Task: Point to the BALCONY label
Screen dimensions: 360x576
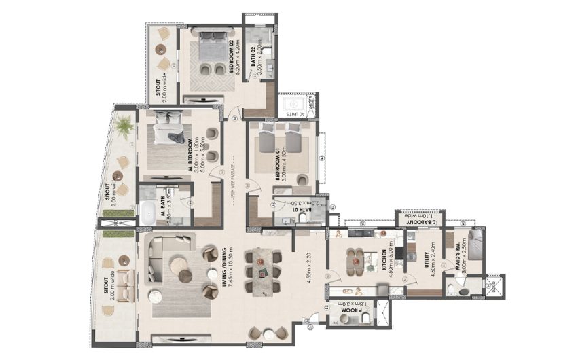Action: pos(421,221)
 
